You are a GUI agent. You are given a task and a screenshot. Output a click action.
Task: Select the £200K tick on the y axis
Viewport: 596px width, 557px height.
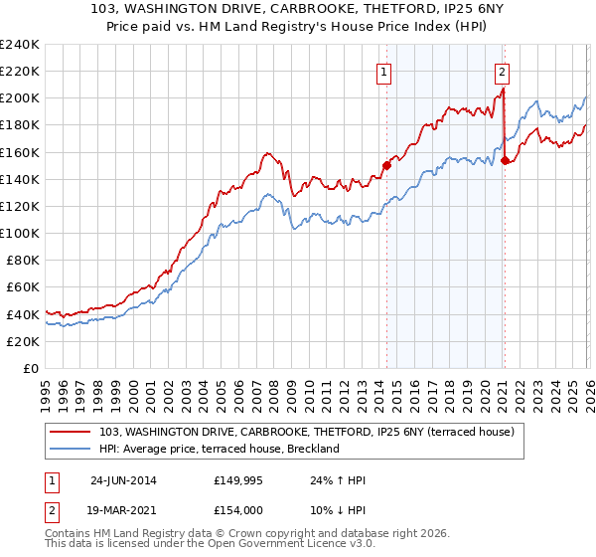19,98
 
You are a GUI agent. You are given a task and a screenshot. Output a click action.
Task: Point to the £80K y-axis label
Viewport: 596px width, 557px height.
22,260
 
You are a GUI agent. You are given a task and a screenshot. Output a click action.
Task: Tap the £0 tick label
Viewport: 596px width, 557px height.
30,368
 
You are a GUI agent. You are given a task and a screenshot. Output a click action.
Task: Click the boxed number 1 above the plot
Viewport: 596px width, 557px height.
383,71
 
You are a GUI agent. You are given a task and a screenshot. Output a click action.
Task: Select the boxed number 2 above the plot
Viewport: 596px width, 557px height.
503,71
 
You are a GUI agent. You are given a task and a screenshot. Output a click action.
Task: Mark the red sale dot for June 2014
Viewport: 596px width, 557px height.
386,166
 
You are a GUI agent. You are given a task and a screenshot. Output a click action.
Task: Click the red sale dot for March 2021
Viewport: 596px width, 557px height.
505,160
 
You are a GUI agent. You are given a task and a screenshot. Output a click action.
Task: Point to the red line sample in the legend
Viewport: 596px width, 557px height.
73,433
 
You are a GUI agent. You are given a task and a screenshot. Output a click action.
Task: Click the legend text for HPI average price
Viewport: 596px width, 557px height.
220,450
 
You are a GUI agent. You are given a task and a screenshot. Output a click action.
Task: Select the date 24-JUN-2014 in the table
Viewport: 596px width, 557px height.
123,479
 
